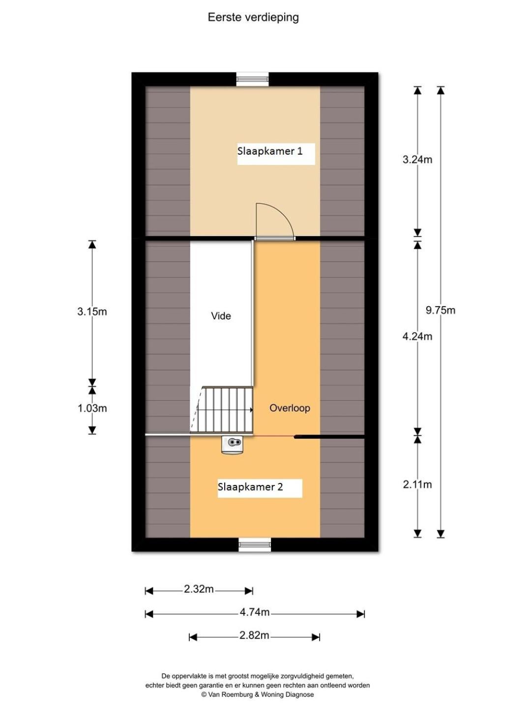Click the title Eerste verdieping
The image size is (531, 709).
pyautogui.click(x=253, y=17)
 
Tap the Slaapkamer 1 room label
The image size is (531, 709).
pyautogui.click(x=270, y=151)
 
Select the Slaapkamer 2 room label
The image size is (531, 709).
pyautogui.click(x=250, y=487)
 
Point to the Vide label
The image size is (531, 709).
pyautogui.click(x=221, y=316)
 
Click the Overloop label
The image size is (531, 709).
pyautogui.click(x=290, y=408)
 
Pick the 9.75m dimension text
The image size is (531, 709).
pyautogui.click(x=441, y=310)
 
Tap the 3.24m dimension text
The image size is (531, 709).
pyautogui.click(x=417, y=159)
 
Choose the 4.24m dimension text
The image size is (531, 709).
pyautogui.click(x=417, y=337)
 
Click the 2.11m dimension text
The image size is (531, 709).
pyautogui.click(x=417, y=484)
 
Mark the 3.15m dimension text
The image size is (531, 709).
pyautogui.click(x=92, y=312)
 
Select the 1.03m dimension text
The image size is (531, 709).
pyautogui.click(x=92, y=408)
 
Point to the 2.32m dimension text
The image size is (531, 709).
pyautogui.click(x=199, y=589)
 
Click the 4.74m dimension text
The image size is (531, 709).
pyautogui.click(x=254, y=612)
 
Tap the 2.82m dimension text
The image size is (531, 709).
pyautogui.click(x=254, y=635)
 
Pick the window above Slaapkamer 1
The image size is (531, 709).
pyautogui.click(x=252, y=79)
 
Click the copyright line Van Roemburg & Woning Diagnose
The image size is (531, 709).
pyautogui.click(x=257, y=694)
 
